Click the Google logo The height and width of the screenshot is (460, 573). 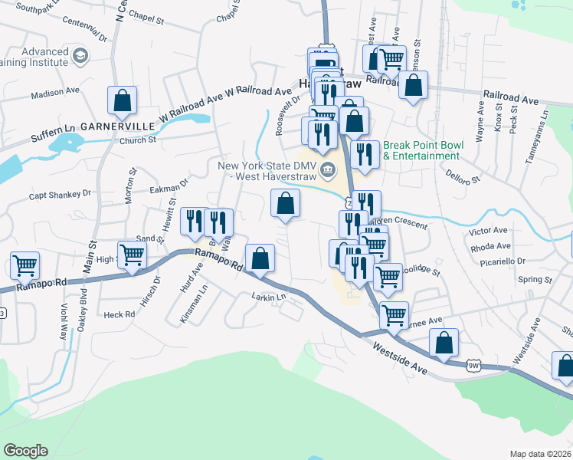25,451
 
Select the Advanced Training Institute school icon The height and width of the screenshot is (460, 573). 80,55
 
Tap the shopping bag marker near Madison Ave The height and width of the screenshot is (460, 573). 123,100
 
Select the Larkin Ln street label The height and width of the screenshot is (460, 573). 268,297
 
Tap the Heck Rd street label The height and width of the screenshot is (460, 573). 119,314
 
